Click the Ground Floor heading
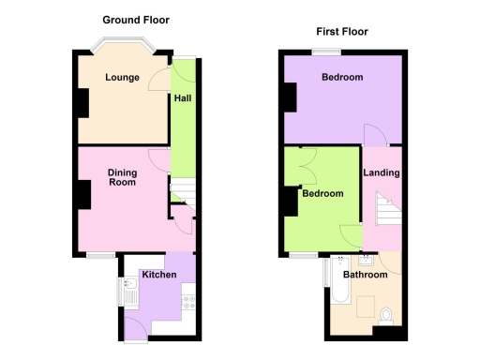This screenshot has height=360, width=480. (136, 20)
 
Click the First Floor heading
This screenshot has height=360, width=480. (340, 31)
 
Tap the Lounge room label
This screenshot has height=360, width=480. (122, 78)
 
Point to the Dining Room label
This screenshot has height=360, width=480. (122, 177)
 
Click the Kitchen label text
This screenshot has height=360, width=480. (157, 275)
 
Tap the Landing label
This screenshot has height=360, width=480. (382, 172)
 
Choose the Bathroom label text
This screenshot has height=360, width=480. (365, 276)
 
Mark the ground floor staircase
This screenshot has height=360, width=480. (182, 194)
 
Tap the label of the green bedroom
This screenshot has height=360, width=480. (322, 194)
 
